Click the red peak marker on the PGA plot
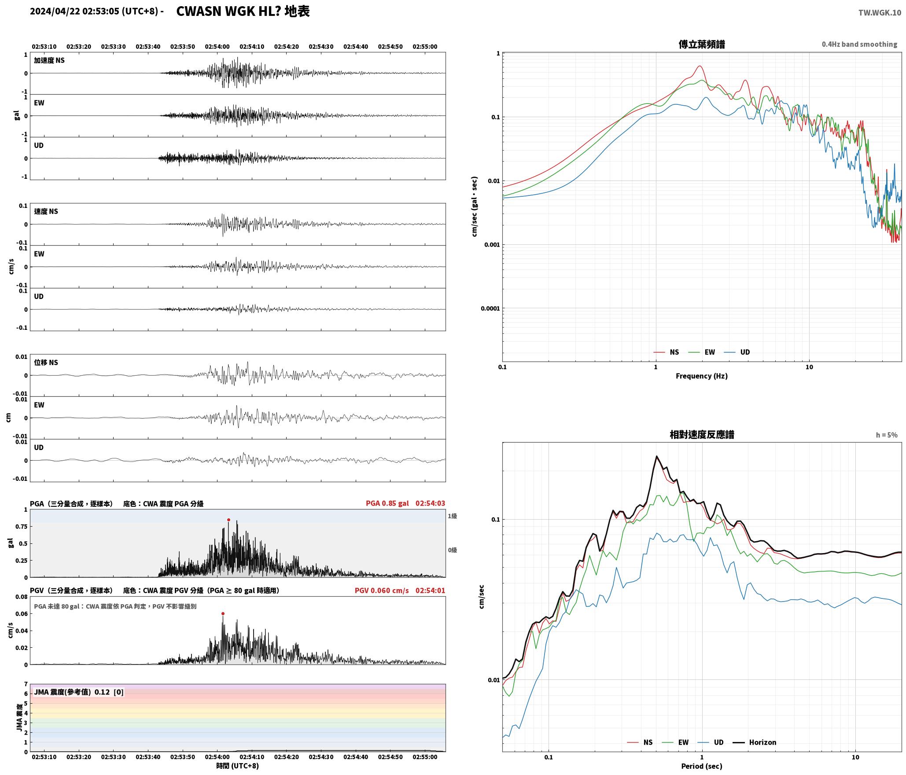click(228, 520)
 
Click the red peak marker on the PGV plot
click(223, 613)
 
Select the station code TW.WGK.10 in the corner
click(880, 13)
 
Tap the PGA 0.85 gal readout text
click(387, 503)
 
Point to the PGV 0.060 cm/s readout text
click(382, 590)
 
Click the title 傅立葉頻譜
click(702, 44)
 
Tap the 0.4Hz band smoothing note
click(859, 44)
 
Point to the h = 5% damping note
click(887, 435)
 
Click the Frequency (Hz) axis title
click(702, 376)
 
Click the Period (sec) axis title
click(702, 766)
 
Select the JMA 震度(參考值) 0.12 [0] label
click(79, 692)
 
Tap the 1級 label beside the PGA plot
click(452, 516)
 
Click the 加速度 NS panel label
click(49, 60)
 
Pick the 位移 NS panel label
click(46, 362)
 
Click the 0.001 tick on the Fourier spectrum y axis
click(492, 245)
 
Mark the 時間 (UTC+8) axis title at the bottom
click(237, 766)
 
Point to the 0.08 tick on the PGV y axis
click(22, 597)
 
